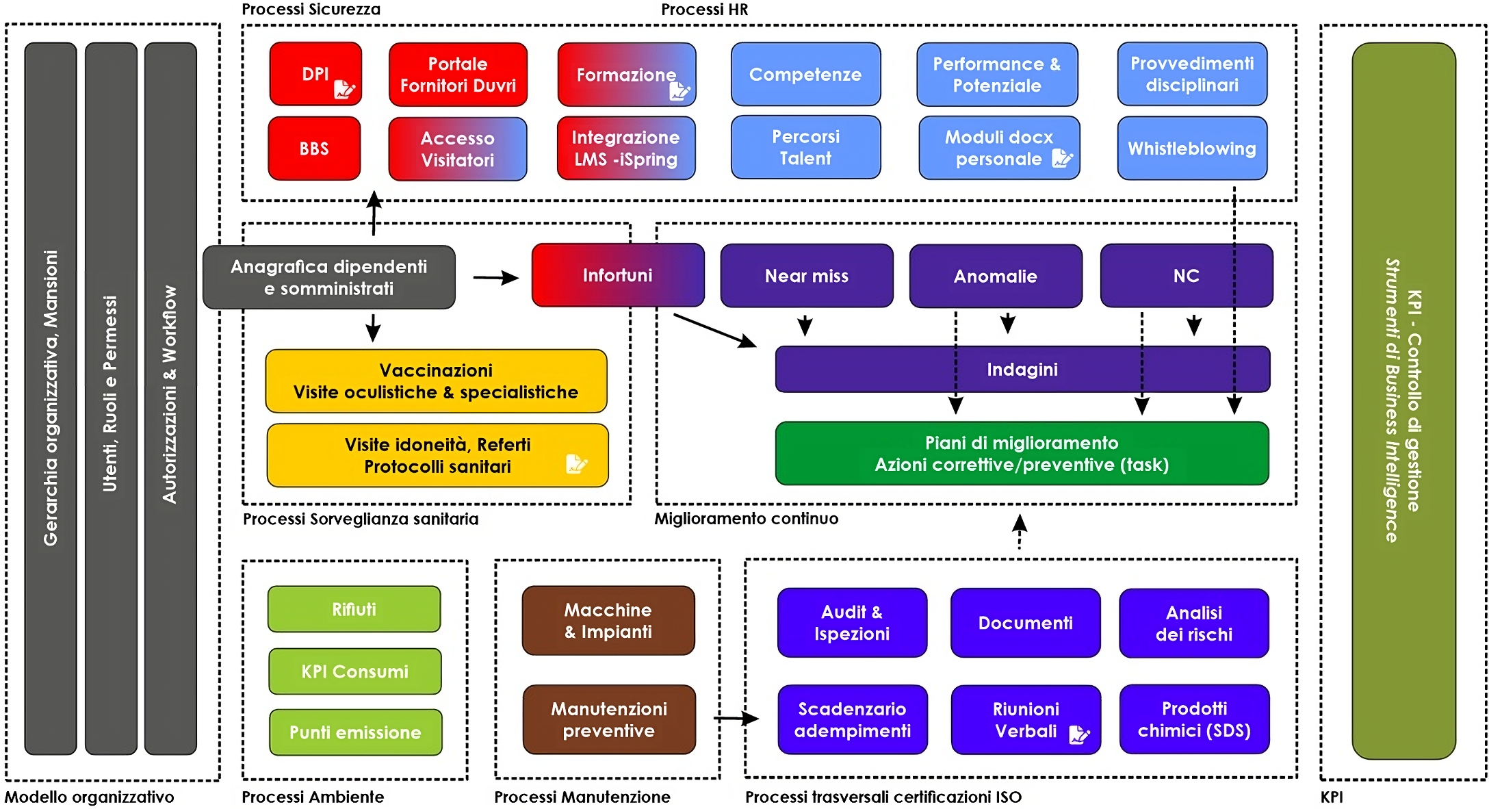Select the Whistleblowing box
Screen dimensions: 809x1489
[1191, 149]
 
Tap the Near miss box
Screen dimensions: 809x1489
[806, 276]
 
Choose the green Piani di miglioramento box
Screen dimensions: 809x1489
[1021, 454]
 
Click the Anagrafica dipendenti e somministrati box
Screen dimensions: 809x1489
[328, 277]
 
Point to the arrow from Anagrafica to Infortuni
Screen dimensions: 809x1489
[495, 278]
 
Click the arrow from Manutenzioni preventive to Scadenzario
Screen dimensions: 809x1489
[736, 719]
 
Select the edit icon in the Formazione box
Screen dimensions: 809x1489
[679, 90]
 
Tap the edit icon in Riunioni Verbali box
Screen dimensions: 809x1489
[1079, 734]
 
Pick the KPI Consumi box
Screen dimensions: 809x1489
[354, 671]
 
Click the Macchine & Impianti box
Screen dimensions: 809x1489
[608, 621]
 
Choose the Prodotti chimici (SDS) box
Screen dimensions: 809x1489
[1194, 719]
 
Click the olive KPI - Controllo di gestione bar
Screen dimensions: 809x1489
[1403, 400]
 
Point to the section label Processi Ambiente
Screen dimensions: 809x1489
[313, 797]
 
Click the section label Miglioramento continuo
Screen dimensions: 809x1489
[746, 519]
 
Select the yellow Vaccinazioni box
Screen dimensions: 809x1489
[436, 381]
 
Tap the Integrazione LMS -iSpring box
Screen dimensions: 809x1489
[625, 149]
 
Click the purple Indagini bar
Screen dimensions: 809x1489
[1022, 370]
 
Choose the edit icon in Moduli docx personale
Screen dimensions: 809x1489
[1061, 158]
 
